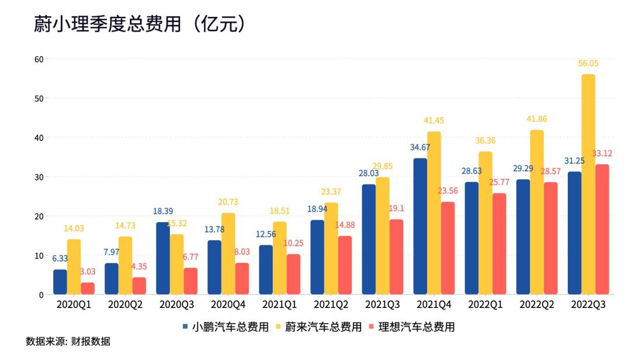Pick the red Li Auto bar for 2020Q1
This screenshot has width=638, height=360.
(88, 288)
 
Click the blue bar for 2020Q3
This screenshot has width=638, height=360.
(162, 258)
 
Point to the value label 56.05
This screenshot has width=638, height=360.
(588, 64)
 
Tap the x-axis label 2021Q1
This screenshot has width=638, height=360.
(279, 305)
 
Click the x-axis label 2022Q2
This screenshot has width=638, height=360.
(536, 305)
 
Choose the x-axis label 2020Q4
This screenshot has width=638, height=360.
(228, 305)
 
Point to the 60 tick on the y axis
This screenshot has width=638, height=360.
(39, 59)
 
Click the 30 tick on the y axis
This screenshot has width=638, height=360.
(39, 177)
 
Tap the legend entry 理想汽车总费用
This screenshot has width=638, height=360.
(411, 327)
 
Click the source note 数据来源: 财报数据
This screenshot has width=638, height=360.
(68, 342)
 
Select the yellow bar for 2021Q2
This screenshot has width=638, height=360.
(331, 248)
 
